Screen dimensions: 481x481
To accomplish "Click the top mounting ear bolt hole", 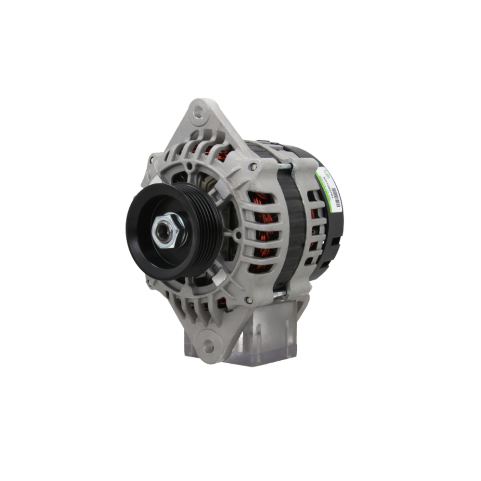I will point(198,113).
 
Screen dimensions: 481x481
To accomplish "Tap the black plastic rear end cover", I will point(332,231).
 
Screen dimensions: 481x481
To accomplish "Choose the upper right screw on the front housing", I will point(253,166).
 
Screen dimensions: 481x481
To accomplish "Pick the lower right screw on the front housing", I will point(248,301).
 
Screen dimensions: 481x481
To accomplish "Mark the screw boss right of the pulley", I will point(237,235).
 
